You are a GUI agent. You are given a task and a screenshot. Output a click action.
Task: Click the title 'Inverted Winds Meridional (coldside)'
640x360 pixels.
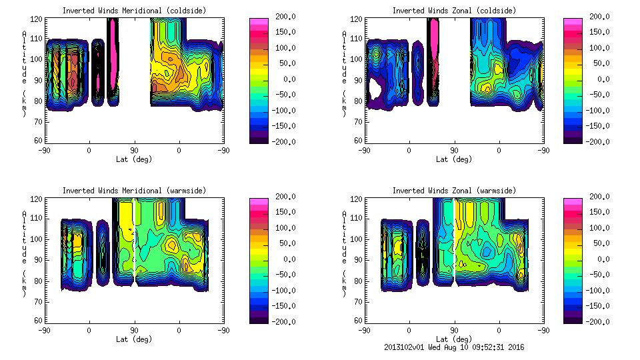[134, 11]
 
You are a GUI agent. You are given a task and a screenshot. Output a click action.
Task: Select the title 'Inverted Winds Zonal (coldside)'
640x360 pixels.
[453, 11]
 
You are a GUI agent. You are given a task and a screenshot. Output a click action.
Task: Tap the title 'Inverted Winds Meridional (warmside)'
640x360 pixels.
[134, 191]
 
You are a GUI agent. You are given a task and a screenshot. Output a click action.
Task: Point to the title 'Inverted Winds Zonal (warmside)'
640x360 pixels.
[453, 191]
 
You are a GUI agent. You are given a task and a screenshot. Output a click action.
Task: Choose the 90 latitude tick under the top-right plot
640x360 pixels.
[454, 150]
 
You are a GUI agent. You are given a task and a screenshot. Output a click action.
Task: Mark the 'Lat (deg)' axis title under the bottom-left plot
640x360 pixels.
[135, 339]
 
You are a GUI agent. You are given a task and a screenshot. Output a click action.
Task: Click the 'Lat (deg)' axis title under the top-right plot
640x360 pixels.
[453, 159]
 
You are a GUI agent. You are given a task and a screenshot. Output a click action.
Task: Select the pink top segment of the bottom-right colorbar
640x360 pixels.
[572, 202]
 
